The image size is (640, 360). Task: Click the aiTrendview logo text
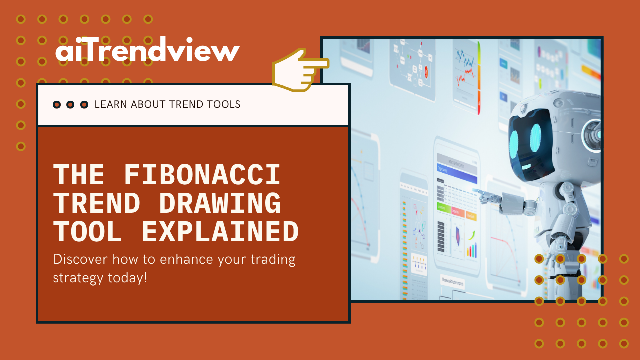point(147,49)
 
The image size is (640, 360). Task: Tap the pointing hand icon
point(300,70)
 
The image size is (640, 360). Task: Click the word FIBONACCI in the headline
point(202,175)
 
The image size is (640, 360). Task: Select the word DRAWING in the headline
point(220,203)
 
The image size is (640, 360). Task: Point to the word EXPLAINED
point(220,231)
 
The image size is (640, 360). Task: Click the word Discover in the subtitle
point(80,259)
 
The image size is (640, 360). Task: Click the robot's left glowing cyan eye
point(514,144)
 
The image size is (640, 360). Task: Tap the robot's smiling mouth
point(526,167)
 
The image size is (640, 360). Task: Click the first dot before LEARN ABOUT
point(57,105)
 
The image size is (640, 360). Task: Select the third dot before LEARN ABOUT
point(84,105)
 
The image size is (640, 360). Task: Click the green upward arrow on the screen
point(472,235)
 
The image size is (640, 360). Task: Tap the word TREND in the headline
point(97,203)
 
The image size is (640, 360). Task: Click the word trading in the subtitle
point(273,260)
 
